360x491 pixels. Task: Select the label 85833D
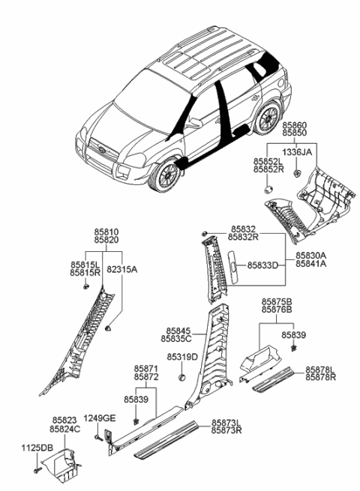coord(262,265)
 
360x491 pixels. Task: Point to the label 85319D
coord(181,357)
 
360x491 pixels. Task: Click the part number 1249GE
coord(99,418)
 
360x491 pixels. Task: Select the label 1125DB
coord(37,448)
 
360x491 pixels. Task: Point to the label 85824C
coord(65,430)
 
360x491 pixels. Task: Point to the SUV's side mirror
coord(194,122)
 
